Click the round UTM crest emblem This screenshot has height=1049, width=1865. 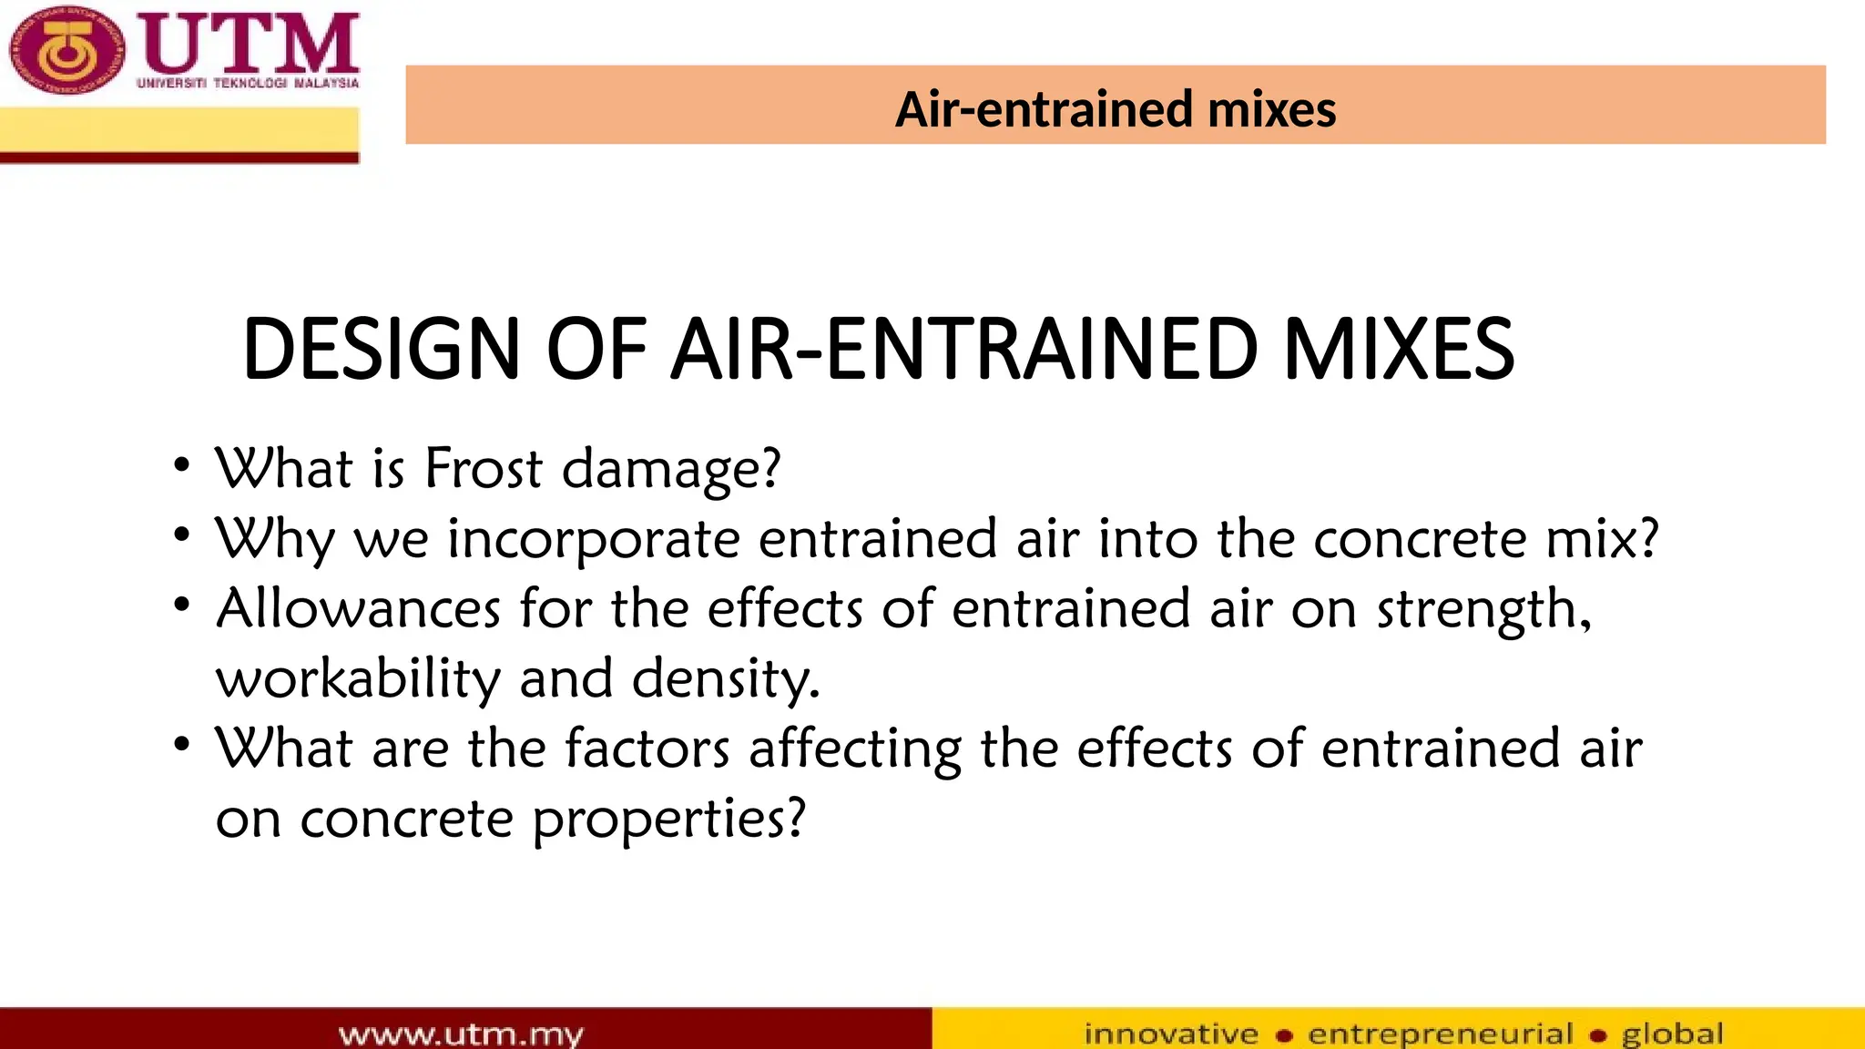pos(65,50)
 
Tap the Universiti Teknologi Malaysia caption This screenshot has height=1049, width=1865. pos(248,83)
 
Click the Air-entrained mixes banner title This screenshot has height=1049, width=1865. pos(1115,109)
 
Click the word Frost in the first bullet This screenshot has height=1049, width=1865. pos(484,469)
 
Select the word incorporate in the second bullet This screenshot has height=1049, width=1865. pos(593,540)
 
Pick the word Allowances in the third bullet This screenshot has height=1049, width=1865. pos(358,608)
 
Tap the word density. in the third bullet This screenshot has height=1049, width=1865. pos(726,680)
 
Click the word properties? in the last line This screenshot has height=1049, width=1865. pos(668,820)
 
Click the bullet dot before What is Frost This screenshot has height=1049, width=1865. pos(182,465)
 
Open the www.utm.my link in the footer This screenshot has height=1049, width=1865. pos(461,1034)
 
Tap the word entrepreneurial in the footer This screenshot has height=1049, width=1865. pos(1441,1034)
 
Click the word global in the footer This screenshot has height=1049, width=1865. pos(1672,1034)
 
